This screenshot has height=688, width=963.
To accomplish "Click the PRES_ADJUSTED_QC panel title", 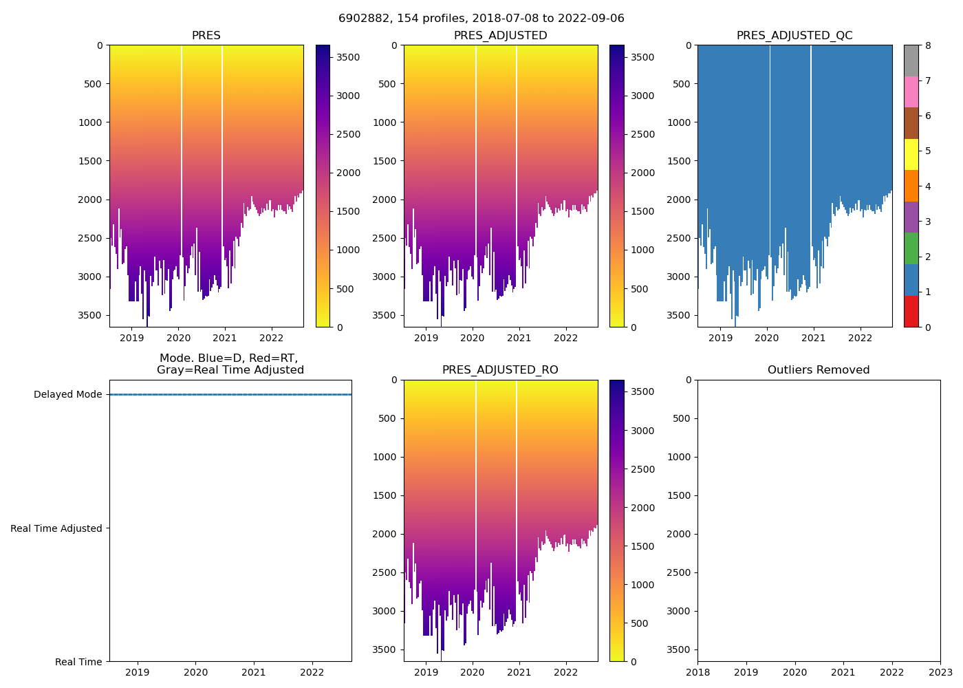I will pyautogui.click(x=794, y=36).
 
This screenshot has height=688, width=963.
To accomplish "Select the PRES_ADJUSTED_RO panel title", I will pyautogui.click(x=500, y=370).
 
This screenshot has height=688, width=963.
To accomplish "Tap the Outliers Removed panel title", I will pyautogui.click(x=819, y=370).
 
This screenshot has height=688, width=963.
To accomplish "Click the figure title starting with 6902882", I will pyautogui.click(x=481, y=19).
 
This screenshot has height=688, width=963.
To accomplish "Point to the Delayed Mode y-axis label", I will pyautogui.click(x=67, y=395).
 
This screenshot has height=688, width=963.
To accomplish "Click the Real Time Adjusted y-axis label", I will pyautogui.click(x=56, y=528).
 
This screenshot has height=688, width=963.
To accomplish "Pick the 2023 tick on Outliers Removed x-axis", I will pyautogui.click(x=940, y=672).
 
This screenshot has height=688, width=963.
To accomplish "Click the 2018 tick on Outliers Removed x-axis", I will pyautogui.click(x=698, y=672).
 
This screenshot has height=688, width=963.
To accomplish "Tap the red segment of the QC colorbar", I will pyautogui.click(x=911, y=311).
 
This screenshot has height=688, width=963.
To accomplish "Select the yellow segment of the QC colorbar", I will pyautogui.click(x=911, y=155).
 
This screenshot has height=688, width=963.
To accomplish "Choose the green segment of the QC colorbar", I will pyautogui.click(x=911, y=248).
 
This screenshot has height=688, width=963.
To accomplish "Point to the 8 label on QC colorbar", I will pyautogui.click(x=928, y=46).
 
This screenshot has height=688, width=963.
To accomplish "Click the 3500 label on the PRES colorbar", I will pyautogui.click(x=348, y=57).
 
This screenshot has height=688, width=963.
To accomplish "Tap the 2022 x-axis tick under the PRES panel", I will pyautogui.click(x=272, y=338).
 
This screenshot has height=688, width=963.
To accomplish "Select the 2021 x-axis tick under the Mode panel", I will pyautogui.click(x=254, y=672).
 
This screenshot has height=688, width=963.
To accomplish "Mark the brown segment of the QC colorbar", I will pyautogui.click(x=911, y=123).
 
